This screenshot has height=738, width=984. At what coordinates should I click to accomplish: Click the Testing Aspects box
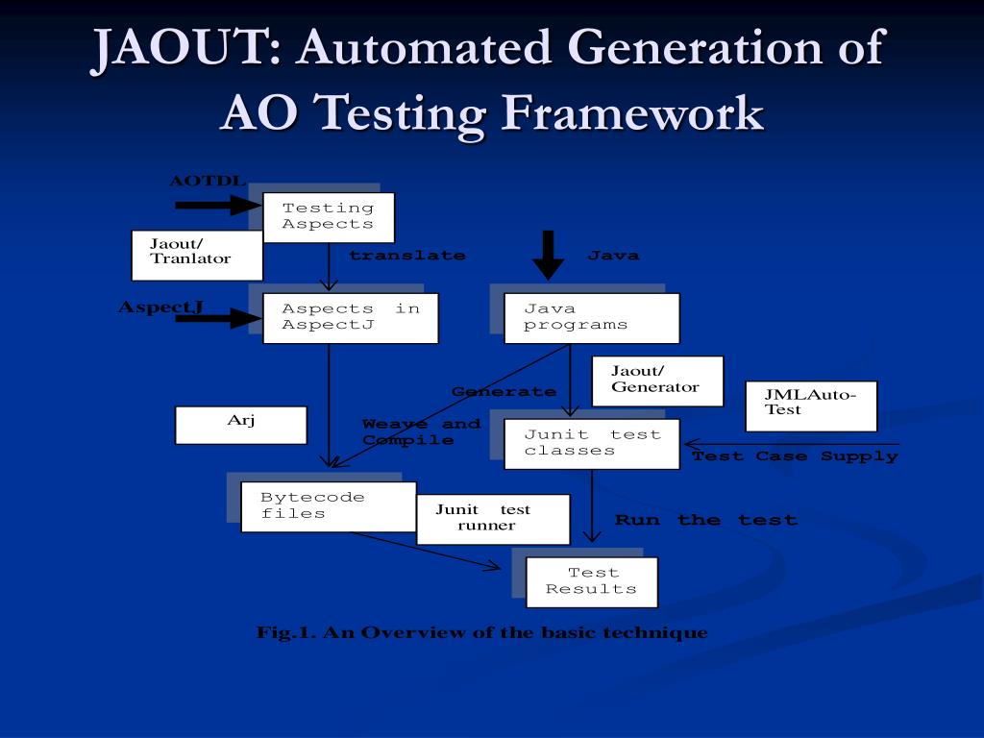[328, 217]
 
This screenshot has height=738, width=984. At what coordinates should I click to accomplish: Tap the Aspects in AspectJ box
[351, 318]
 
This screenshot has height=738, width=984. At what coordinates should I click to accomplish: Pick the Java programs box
[591, 318]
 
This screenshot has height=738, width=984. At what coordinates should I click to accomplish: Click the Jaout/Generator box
[657, 381]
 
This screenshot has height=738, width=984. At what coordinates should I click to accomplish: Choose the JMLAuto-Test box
[811, 406]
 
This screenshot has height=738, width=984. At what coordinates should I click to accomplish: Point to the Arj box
[240, 425]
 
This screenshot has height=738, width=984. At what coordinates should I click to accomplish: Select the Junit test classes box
[591, 443]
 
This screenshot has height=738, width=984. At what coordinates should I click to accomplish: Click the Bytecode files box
[328, 506]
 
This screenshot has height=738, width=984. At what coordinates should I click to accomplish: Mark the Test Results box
[591, 582]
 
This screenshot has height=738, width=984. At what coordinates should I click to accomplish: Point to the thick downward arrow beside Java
[549, 255]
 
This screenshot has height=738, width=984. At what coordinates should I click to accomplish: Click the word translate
[406, 256]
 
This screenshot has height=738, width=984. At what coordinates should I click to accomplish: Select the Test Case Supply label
[795, 456]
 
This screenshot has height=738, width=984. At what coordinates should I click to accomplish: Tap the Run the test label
[705, 520]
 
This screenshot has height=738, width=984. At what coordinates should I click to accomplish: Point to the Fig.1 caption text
[481, 632]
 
